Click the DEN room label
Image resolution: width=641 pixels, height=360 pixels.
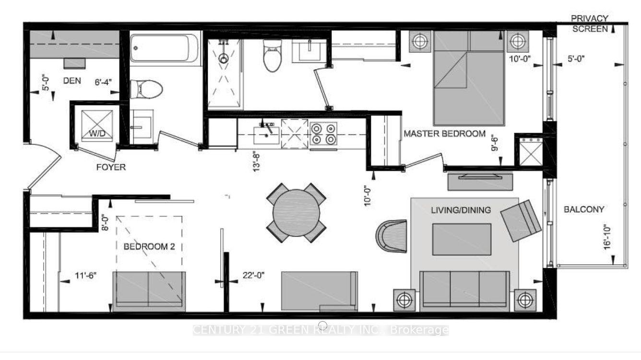(72, 81)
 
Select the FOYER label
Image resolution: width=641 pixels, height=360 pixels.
(110, 167)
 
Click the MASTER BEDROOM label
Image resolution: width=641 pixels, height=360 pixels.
(444, 134)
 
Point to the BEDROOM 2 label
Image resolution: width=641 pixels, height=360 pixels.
(149, 247)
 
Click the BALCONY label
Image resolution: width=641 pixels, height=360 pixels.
(584, 209)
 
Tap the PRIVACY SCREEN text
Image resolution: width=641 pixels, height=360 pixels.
(590, 24)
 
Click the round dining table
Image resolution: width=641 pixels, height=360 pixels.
(297, 213)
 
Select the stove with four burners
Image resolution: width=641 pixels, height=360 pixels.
(323, 133)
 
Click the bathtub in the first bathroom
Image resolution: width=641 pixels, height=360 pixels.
(165, 48)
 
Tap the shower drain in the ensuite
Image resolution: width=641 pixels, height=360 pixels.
(224, 59)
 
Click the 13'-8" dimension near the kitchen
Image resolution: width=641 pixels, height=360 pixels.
(257, 160)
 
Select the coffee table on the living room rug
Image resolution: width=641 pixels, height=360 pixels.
(462, 239)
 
